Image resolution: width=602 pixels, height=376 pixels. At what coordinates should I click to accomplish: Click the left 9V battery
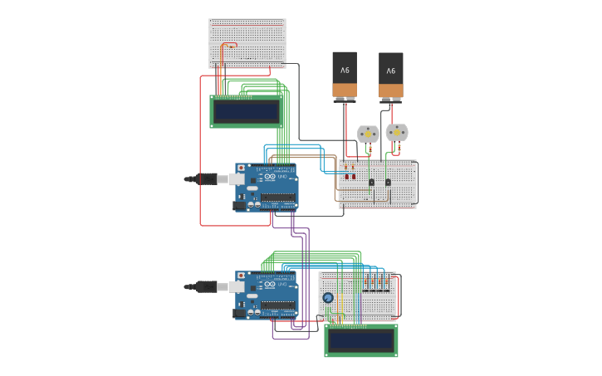coord(345,76)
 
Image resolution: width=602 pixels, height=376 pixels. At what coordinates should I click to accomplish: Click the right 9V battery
coord(391,76)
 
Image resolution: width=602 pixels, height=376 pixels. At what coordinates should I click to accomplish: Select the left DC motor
coord(368,133)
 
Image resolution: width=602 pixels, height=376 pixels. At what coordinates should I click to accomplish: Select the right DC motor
coord(397,132)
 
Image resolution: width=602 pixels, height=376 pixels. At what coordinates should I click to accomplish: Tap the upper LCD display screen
coord(246,111)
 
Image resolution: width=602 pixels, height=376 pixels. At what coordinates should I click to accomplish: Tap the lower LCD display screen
coord(360,340)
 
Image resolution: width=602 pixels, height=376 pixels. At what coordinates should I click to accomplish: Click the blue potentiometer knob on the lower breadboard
coord(328,298)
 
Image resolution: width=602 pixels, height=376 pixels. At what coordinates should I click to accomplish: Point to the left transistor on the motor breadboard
coord(371,182)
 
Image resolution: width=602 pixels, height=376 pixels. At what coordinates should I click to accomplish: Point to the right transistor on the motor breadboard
coord(388,182)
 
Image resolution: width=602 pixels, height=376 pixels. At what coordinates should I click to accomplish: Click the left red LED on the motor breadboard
coord(345,176)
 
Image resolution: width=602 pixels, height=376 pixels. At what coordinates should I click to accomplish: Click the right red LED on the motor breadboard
coord(353,176)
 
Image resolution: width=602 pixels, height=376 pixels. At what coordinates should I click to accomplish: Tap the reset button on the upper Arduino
coord(242,168)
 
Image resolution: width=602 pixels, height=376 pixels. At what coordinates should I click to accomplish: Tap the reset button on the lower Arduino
coord(242,276)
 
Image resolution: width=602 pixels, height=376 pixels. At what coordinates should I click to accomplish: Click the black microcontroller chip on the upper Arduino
coord(278,198)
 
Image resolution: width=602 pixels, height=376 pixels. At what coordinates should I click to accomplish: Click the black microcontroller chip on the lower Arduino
coord(278,305)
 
